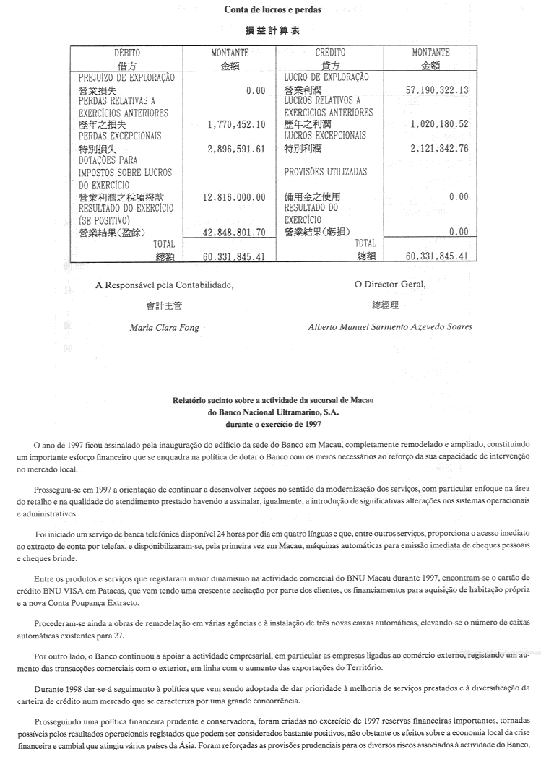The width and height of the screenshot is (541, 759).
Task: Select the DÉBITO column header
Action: tap(127, 53)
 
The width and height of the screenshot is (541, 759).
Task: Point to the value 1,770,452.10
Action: tap(236, 124)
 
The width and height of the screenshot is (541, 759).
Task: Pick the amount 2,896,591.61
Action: tap(236, 149)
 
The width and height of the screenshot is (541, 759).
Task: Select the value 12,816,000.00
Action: tap(230, 196)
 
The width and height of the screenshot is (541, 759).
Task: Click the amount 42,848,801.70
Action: tap(230, 232)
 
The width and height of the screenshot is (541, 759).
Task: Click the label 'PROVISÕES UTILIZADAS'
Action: tap(325, 173)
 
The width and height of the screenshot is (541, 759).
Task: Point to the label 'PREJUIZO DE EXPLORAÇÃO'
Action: tap(127, 77)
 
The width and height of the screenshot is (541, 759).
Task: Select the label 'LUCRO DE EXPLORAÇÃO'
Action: tap(326, 77)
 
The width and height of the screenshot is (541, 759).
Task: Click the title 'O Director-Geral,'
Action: tap(390, 284)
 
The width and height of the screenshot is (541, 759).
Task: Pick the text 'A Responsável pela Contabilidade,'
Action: tap(164, 285)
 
